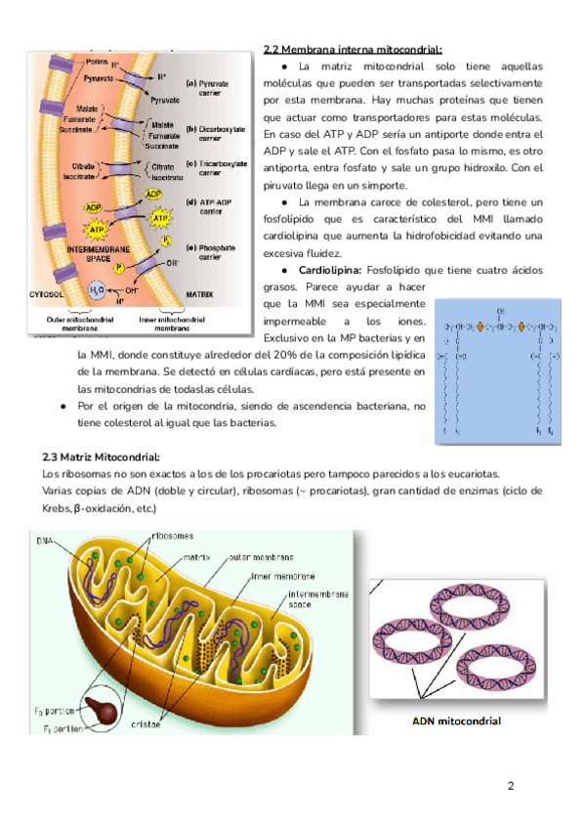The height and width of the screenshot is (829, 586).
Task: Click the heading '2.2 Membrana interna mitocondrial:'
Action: coord(353,50)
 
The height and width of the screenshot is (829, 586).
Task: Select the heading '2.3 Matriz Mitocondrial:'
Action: coord(101,457)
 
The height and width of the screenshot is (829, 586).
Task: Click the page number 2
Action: coord(510,785)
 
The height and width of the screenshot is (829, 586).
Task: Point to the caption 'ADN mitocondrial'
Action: coord(456,721)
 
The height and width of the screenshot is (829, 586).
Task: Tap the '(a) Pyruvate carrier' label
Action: coord(208,89)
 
